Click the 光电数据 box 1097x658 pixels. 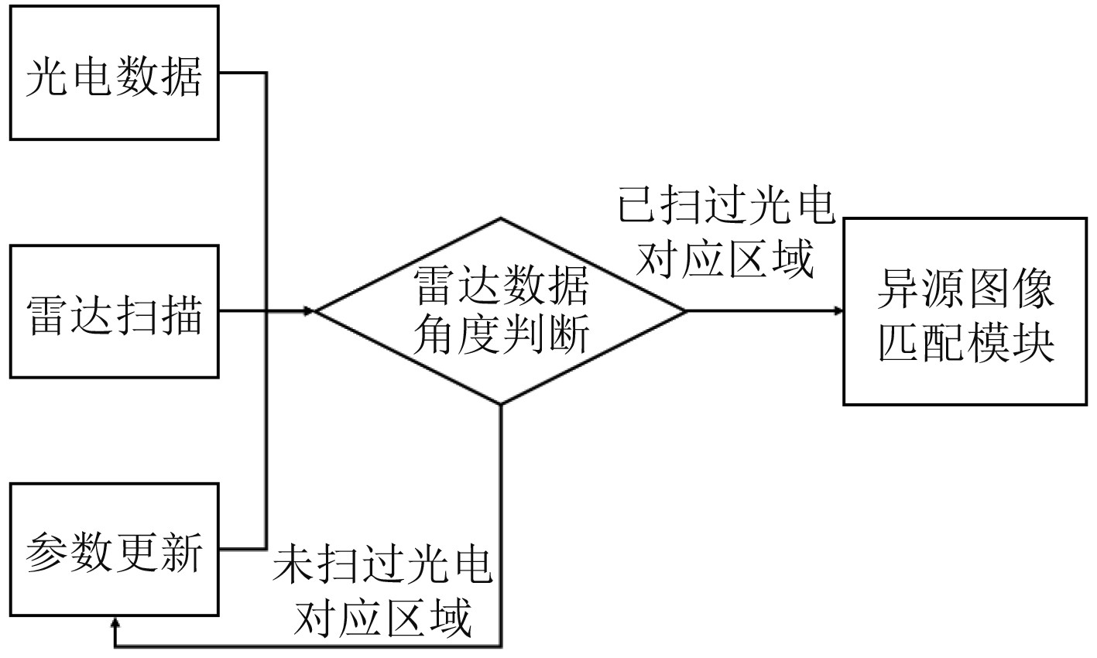coord(114,74)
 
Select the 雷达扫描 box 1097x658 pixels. coord(114,311)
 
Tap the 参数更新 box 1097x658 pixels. coord(114,549)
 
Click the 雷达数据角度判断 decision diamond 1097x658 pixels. coord(501,311)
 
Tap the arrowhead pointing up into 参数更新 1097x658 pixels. coord(115,622)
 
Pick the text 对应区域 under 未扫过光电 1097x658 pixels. coord(382,619)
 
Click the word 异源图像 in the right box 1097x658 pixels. coord(965,290)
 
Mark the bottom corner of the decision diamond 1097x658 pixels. coord(501,404)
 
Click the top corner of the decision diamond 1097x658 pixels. coord(501,218)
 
